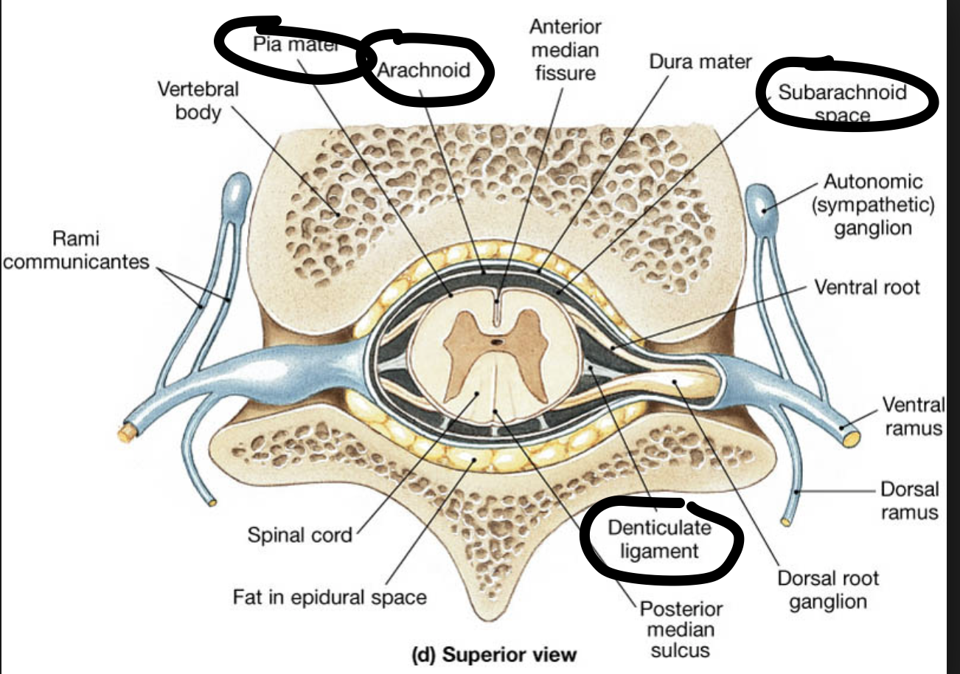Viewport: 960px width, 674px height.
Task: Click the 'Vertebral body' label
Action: coord(198,101)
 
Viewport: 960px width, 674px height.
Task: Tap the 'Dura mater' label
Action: coord(700,62)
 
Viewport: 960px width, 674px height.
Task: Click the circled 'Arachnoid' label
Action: coord(424,70)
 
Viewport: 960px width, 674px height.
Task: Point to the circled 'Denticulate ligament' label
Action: coord(659,539)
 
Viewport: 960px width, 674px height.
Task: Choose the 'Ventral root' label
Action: coord(866,286)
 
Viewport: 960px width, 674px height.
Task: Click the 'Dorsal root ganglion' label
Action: coord(828,590)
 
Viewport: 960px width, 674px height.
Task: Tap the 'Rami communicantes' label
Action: coord(75,250)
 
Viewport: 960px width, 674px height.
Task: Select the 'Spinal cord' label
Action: coord(299,534)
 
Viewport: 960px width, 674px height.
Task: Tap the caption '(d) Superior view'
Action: coord(494,654)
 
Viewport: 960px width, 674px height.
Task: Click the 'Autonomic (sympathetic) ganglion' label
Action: coord(873,204)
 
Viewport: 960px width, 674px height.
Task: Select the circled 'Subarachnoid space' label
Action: coord(842,103)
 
